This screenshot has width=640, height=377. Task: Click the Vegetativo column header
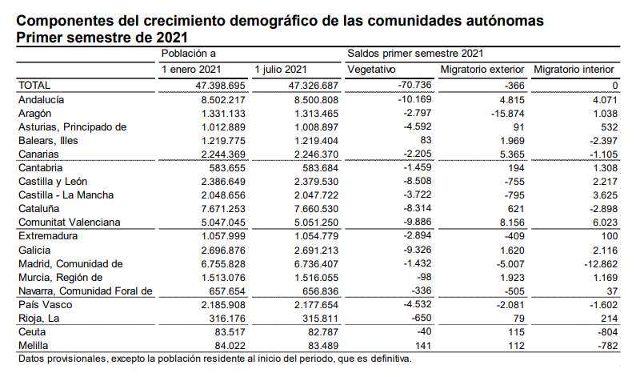(x=371, y=70)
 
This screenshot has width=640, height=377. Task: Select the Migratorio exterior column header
(x=482, y=70)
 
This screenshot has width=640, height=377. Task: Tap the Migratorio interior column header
(x=574, y=70)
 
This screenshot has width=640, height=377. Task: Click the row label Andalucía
(x=42, y=100)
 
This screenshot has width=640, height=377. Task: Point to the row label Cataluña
(x=38, y=209)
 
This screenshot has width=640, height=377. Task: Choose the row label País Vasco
(x=46, y=305)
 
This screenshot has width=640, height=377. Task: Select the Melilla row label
(x=33, y=346)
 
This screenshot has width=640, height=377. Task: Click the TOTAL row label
(x=34, y=86)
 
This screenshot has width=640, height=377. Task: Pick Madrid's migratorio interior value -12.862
(x=601, y=264)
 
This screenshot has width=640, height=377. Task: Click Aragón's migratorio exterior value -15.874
(x=508, y=114)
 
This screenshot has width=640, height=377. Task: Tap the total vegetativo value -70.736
(x=414, y=85)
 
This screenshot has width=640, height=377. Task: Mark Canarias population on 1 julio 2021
(x=316, y=154)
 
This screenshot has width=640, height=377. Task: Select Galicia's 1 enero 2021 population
(x=223, y=251)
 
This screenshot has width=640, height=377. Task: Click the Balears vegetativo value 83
(x=426, y=140)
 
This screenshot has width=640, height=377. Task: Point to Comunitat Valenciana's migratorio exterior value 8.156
(x=512, y=223)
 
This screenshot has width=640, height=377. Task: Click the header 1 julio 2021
(x=281, y=70)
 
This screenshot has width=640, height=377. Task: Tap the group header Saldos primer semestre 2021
(x=415, y=54)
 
